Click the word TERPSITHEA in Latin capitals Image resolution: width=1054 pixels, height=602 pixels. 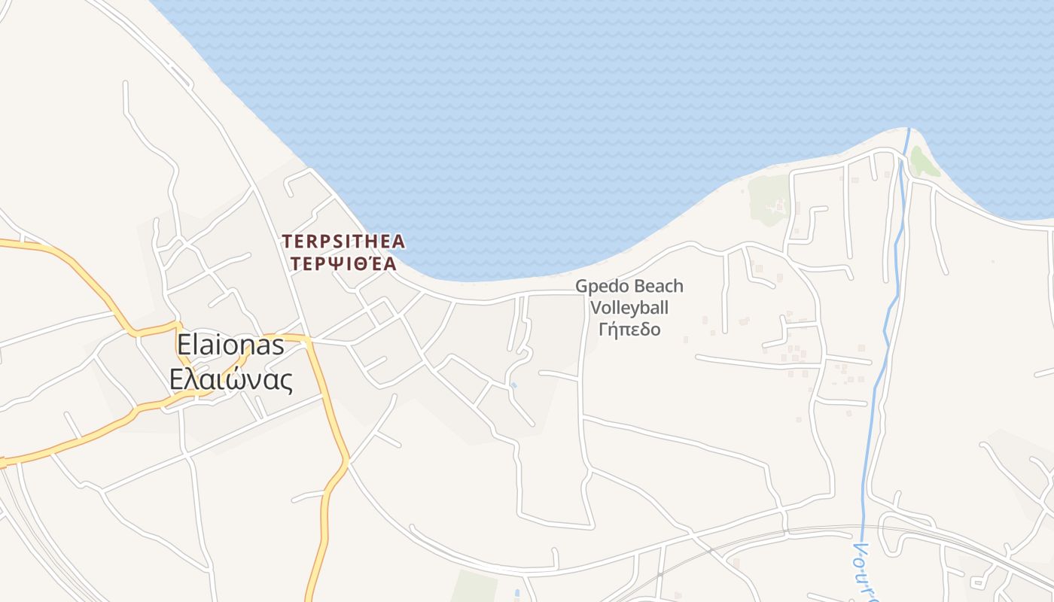(343, 242)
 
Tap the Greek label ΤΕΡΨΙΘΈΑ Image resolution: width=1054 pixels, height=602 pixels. (343, 263)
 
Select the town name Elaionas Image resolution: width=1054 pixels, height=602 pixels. (230, 345)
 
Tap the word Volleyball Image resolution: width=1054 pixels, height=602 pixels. (629, 308)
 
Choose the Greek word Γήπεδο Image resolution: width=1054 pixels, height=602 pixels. (629, 329)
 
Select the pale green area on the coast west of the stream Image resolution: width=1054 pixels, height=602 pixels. (768, 199)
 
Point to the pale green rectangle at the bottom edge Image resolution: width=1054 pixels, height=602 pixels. (474, 587)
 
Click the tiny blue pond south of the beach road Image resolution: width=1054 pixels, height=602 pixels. (513, 385)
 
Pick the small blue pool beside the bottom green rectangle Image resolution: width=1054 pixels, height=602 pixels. (517, 594)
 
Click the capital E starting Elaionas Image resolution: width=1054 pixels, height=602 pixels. (183, 345)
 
